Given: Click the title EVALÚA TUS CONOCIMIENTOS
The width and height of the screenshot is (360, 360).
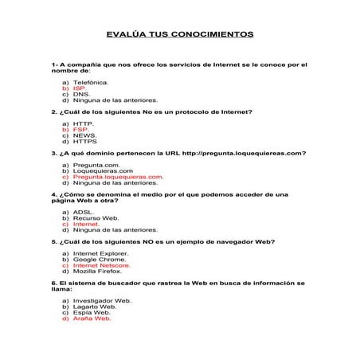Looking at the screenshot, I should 180,35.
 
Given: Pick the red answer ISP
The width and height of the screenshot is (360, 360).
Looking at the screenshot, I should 79,88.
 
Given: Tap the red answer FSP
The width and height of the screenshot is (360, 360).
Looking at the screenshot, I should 80,129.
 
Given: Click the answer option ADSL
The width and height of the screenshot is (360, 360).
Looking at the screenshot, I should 83,212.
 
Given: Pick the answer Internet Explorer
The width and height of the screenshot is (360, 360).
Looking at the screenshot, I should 100,252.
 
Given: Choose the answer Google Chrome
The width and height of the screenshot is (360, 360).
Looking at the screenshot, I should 99,259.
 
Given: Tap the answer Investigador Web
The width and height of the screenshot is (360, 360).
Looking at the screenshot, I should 102,300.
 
